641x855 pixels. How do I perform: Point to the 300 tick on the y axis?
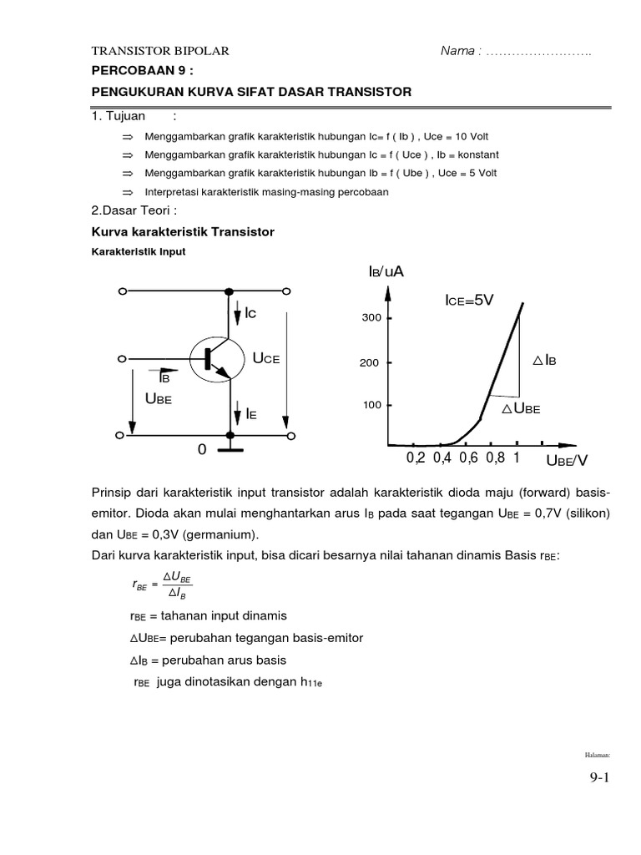click(371, 318)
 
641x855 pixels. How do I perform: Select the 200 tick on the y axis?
click(371, 363)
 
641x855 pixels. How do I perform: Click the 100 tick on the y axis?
click(371, 405)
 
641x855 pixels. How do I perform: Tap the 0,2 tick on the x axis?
click(416, 458)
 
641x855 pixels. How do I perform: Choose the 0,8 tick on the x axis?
click(495, 458)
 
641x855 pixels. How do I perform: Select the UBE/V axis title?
click(567, 460)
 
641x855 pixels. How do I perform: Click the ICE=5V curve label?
click(470, 301)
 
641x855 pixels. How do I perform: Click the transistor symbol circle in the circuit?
click(215, 359)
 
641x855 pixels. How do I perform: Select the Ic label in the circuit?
click(250, 313)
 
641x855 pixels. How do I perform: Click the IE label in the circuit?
click(250, 413)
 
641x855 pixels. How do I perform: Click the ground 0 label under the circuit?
click(201, 451)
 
